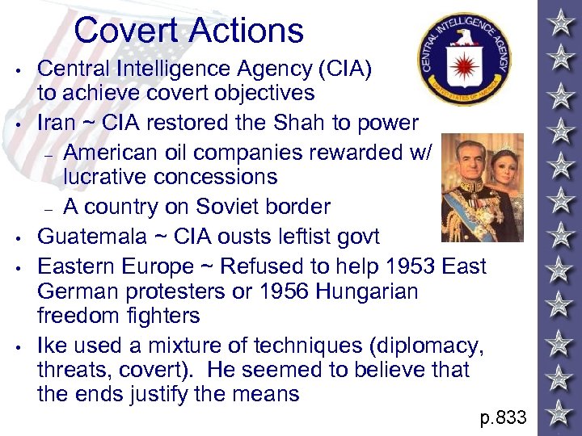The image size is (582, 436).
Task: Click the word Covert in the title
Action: [x=127, y=31]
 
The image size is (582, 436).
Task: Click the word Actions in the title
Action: [x=247, y=31]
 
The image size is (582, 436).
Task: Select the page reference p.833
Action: [x=503, y=417]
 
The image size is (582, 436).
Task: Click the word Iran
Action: [x=59, y=123]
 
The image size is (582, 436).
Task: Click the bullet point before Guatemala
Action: [x=17, y=237]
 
